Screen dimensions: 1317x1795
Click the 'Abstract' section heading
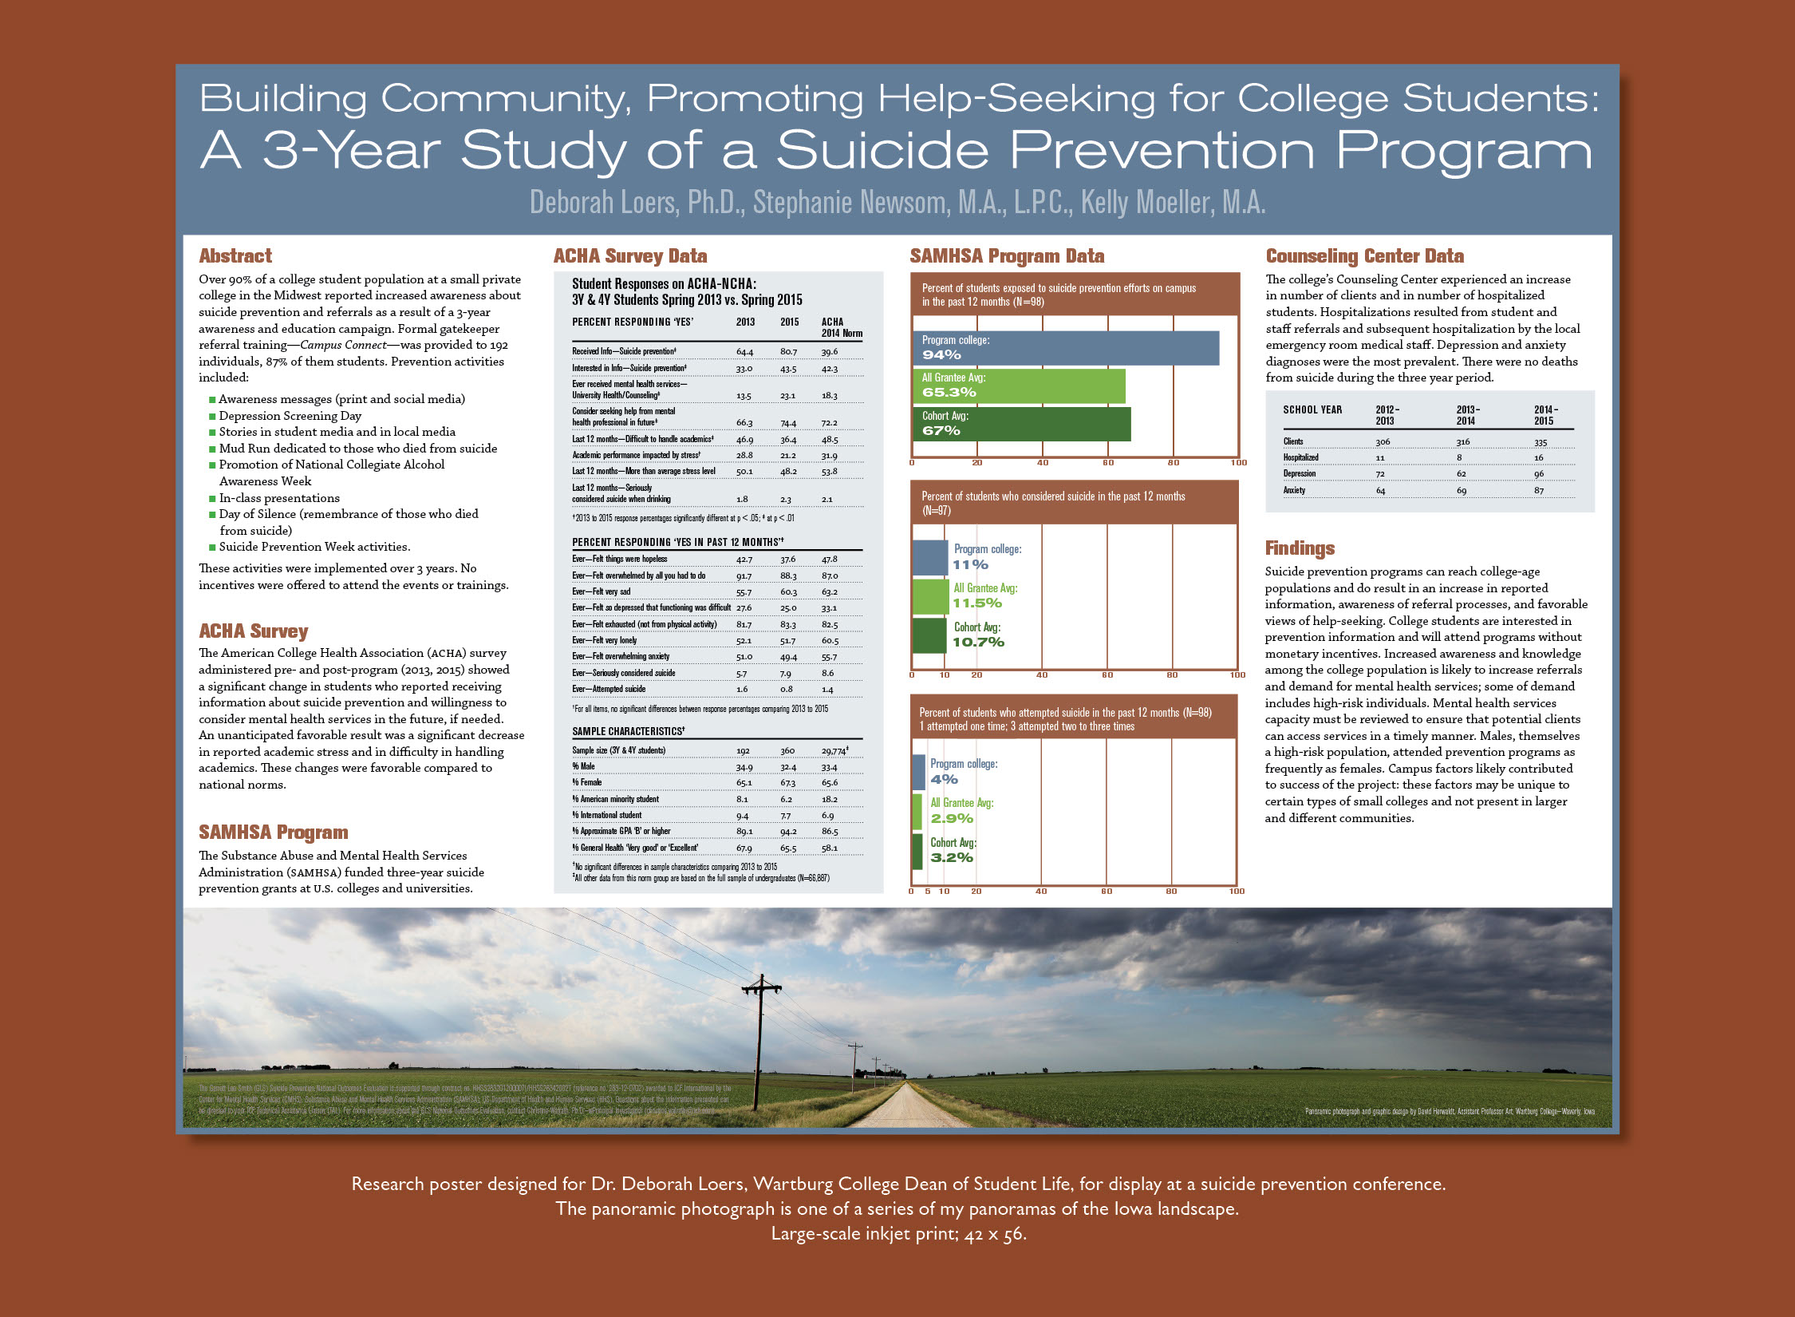(235, 256)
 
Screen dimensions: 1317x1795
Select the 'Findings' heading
(1300, 548)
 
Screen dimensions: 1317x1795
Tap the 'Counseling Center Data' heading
(1364, 256)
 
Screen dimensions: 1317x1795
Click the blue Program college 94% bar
(1065, 348)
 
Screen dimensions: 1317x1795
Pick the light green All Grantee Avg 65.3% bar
(1019, 386)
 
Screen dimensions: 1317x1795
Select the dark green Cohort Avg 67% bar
(1021, 424)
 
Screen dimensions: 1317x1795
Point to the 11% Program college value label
(970, 565)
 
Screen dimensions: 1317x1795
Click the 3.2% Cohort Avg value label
(952, 858)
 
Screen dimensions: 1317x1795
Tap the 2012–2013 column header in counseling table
(1387, 415)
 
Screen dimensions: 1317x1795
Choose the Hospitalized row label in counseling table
(1300, 458)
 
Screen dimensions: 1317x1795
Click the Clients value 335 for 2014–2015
(1540, 442)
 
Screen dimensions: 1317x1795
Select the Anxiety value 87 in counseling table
(1539, 491)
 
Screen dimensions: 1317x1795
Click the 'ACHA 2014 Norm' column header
(841, 327)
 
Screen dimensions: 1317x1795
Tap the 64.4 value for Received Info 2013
(744, 352)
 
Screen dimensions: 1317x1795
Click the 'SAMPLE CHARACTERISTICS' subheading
(628, 731)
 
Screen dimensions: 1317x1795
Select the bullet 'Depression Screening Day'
(290, 416)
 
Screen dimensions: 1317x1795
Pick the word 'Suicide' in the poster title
(882, 150)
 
